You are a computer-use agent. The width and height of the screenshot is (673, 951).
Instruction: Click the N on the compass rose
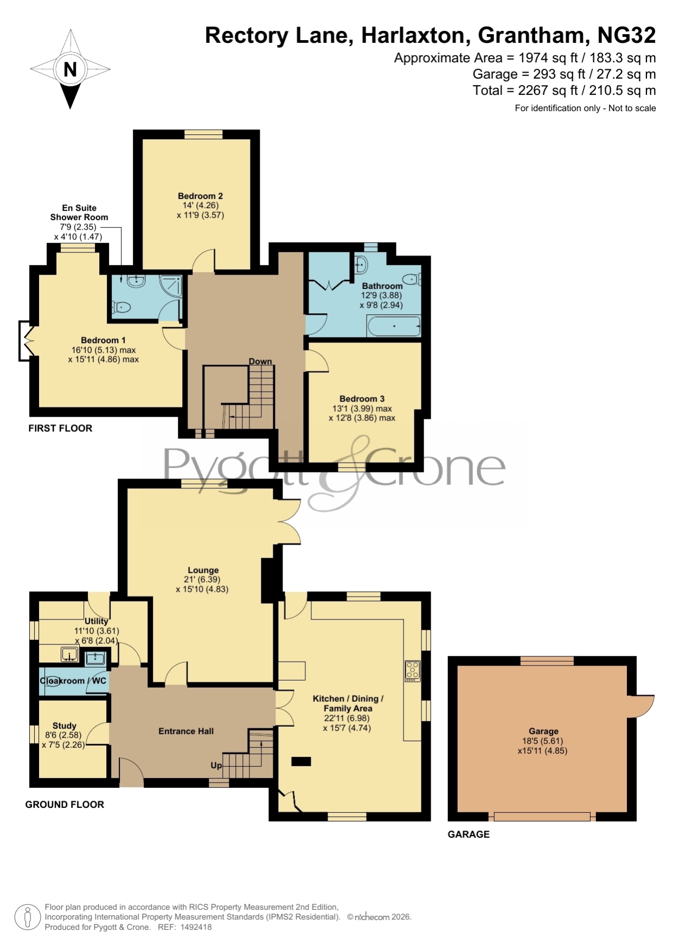pos(70,69)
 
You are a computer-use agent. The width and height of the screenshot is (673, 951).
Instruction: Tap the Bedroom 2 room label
pos(200,196)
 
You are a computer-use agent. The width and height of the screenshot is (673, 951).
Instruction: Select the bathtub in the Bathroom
pos(394,326)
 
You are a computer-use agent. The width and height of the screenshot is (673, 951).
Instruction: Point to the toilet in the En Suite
pos(121,308)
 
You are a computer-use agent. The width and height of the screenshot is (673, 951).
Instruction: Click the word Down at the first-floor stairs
pos(260,361)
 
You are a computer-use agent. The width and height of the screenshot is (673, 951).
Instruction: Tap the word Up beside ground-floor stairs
pos(216,765)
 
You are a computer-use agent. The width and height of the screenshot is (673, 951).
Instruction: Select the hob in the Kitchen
pos(412,671)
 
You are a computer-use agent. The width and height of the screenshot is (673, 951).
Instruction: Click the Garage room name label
pos(543,731)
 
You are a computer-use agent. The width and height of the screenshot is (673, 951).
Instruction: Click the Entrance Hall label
pos(186,731)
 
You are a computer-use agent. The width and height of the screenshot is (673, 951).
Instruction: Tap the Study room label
pos(65,726)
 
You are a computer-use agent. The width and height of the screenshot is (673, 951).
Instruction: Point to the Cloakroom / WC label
pos(73,681)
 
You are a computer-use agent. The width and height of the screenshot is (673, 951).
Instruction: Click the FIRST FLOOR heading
pos(60,428)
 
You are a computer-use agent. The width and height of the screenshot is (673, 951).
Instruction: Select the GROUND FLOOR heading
pos(65,805)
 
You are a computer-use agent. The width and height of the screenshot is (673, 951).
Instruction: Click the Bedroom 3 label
pos(362,398)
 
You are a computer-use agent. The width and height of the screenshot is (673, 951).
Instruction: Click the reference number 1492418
pos(196,927)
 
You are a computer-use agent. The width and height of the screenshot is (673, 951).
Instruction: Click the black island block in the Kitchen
pos(302,761)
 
